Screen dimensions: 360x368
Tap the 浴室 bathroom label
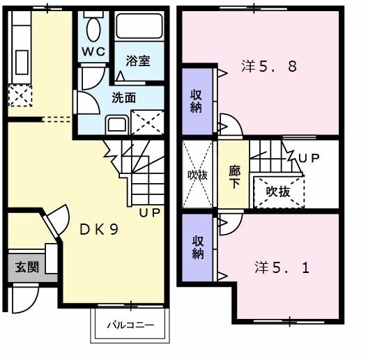click(138, 61)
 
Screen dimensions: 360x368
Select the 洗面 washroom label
click(124, 97)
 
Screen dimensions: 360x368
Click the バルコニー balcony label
click(130, 324)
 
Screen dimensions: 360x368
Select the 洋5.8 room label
click(269, 68)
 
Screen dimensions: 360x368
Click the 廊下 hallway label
click(235, 175)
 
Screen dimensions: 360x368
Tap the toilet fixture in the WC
click(93, 29)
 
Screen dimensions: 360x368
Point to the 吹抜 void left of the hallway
click(197, 175)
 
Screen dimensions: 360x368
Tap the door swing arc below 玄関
click(24, 299)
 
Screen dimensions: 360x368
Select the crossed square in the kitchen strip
click(20, 95)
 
